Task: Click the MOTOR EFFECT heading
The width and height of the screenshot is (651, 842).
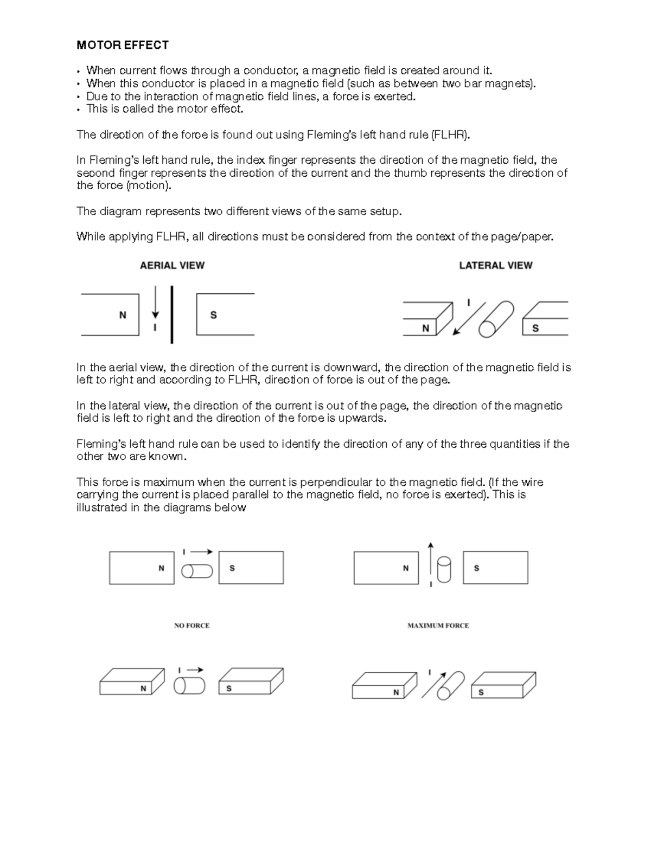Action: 123,45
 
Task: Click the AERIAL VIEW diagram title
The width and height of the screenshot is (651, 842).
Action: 172,265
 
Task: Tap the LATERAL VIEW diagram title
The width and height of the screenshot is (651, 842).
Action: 495,265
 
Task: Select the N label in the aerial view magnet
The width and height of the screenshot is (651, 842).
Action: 123,315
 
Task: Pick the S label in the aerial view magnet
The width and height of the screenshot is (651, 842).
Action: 213,315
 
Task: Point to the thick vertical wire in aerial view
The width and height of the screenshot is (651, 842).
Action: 172,314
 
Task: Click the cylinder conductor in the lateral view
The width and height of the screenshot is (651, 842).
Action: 496,319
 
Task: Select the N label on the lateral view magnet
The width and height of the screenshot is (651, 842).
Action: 426,328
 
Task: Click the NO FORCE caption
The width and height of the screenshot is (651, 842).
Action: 192,625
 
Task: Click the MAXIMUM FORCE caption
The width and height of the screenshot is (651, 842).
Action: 438,625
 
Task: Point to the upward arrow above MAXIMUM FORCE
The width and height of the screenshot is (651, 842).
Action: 430,558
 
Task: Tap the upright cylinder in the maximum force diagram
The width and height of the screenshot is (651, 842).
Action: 444,569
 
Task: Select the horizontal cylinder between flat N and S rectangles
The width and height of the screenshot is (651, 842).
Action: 197,571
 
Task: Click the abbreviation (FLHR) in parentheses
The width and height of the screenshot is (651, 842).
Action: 449,134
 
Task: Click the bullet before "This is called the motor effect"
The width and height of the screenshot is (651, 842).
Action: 79,110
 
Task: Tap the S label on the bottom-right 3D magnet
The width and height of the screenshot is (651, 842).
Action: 481,692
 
